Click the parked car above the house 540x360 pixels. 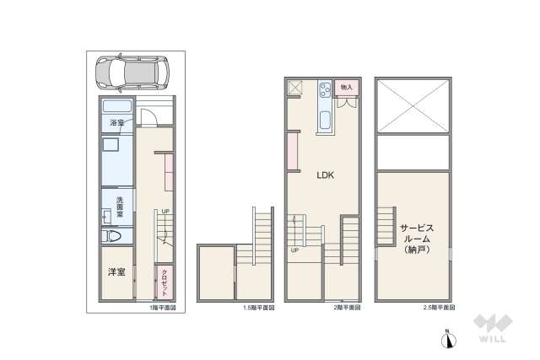(130, 73)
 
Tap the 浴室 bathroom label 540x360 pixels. (117, 123)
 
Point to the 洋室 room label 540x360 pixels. (116, 272)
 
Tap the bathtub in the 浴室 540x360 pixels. (117, 107)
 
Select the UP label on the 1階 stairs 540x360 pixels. (166, 211)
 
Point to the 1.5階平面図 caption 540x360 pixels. (257, 309)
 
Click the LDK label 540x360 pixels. (326, 176)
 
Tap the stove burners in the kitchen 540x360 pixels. (326, 91)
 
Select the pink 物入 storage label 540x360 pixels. (347, 87)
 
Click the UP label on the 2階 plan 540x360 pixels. (294, 250)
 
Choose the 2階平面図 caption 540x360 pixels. (348, 309)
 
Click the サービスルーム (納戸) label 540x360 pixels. (417, 239)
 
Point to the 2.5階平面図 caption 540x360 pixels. (438, 309)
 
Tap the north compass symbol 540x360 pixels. (450, 339)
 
